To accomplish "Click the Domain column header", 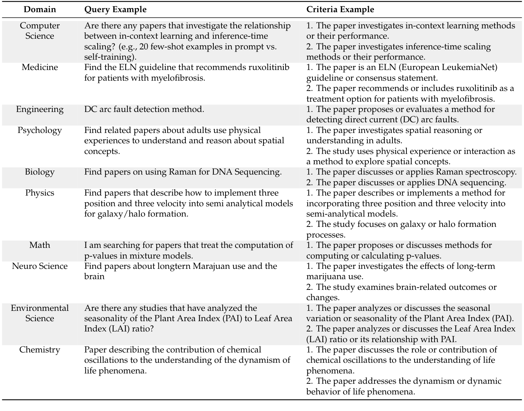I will tap(40, 10).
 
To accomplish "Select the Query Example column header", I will tap(115, 10).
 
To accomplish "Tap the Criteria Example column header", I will tap(340, 10).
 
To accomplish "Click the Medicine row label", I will tap(40, 67).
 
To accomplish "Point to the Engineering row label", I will tap(40, 109).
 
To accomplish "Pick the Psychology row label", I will tap(40, 130).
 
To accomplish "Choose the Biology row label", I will tap(40, 172).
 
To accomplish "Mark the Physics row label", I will tap(40, 193).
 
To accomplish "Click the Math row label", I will tap(40, 245).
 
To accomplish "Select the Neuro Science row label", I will tap(40, 266).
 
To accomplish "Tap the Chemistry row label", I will tap(40, 350).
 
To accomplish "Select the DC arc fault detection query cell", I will tap(144, 109).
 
